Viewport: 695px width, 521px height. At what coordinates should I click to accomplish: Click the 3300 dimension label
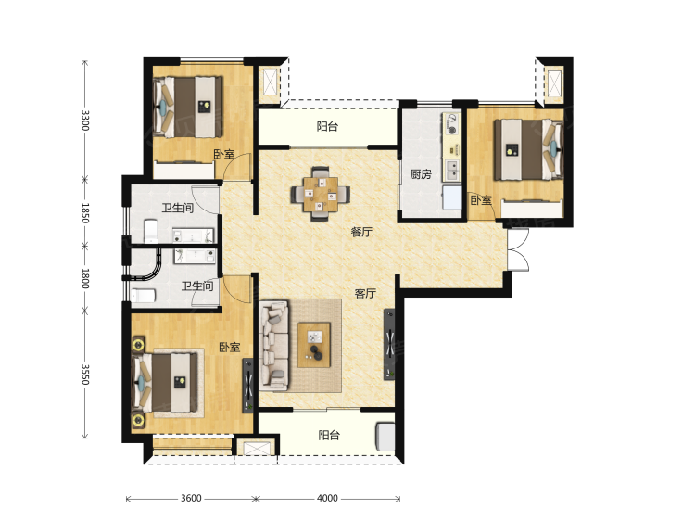[x=85, y=121]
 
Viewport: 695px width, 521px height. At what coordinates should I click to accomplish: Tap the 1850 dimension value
[x=85, y=213]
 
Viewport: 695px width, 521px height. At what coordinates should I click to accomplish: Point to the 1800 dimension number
[x=85, y=278]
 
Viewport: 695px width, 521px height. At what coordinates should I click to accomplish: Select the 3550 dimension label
[x=85, y=375]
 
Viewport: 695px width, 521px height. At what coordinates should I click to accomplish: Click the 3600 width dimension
[x=191, y=499]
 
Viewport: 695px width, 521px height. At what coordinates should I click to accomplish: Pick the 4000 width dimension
[x=327, y=499]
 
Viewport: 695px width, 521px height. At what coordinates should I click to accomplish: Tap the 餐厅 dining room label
[x=361, y=232]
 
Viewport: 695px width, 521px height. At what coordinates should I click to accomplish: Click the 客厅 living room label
[x=365, y=293]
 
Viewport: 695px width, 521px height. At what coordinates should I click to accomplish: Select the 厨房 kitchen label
[x=420, y=174]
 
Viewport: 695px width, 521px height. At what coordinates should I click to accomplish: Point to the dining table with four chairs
[x=320, y=194]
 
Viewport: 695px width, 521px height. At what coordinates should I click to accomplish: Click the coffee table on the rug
[x=314, y=345]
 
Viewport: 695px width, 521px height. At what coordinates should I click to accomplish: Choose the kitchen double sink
[x=452, y=171]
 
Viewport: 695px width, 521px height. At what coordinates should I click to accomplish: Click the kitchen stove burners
[x=452, y=124]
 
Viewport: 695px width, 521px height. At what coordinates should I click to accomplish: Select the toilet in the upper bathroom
[x=151, y=231]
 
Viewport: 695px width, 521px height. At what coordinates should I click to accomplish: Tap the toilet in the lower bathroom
[x=143, y=296]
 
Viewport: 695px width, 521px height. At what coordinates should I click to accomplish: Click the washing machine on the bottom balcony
[x=385, y=438]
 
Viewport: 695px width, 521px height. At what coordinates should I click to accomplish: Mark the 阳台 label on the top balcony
[x=327, y=126]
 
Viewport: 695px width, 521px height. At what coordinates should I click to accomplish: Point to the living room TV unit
[x=388, y=344]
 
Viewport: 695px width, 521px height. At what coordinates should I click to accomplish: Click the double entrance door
[x=518, y=249]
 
